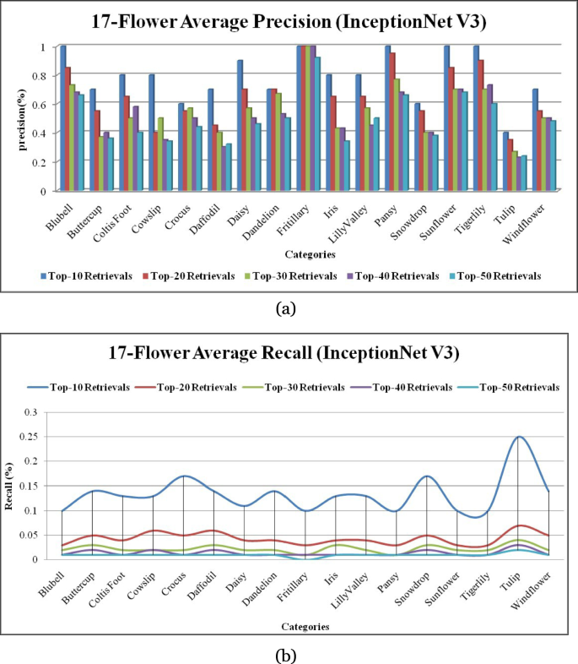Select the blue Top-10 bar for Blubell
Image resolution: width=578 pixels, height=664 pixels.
[63, 118]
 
